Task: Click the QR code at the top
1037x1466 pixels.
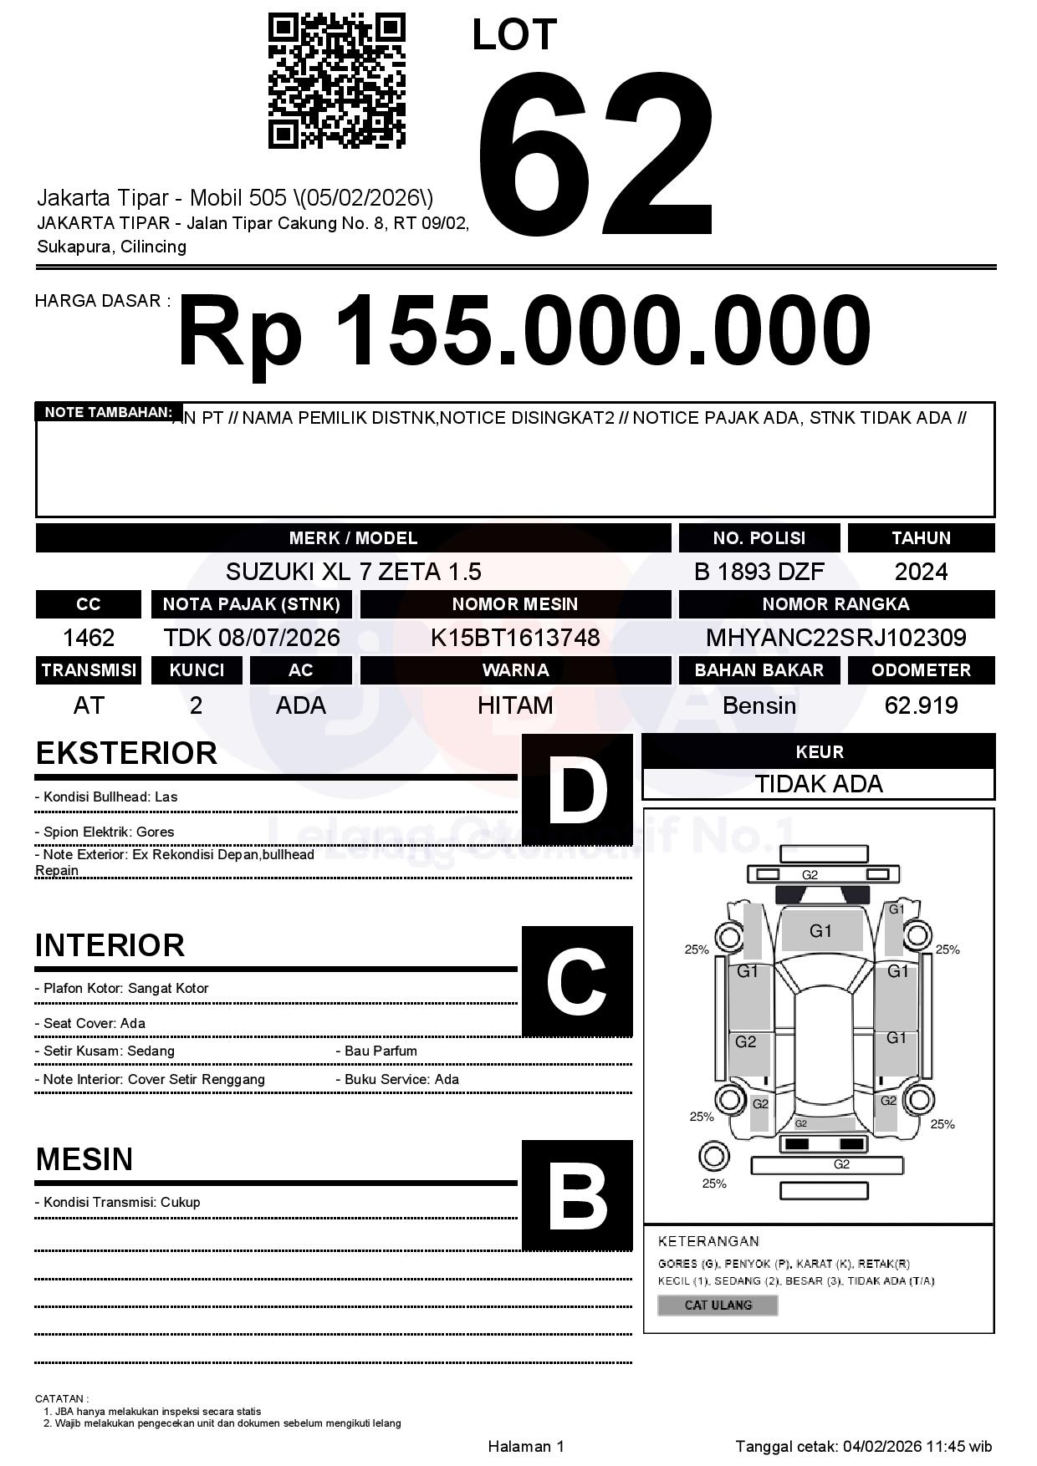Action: pyautogui.click(x=336, y=81)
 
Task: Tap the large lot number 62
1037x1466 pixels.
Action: pyautogui.click(x=595, y=155)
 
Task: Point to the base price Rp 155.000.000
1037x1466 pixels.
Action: pyautogui.click(x=524, y=331)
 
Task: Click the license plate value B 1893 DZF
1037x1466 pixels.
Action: pyautogui.click(x=759, y=572)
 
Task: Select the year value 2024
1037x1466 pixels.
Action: pyautogui.click(x=921, y=572)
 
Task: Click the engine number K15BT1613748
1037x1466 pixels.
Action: pyautogui.click(x=515, y=639)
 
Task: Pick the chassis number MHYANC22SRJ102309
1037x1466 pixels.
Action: pyautogui.click(x=835, y=639)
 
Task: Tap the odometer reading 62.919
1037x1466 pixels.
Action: pyautogui.click(x=921, y=705)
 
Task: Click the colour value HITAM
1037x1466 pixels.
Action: pyautogui.click(x=515, y=705)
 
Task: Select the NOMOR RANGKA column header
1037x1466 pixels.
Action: pyautogui.click(x=835, y=604)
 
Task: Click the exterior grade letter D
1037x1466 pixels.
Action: pyautogui.click(x=577, y=789)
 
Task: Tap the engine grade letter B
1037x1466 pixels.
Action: pyautogui.click(x=577, y=1195)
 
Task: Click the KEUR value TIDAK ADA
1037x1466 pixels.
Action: pyautogui.click(x=819, y=784)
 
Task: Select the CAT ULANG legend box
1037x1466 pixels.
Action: pyautogui.click(x=718, y=1305)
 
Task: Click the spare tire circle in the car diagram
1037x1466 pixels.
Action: pyautogui.click(x=713, y=1157)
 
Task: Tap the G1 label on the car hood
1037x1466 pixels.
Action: pyautogui.click(x=820, y=931)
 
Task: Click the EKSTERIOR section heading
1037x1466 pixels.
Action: pyautogui.click(x=126, y=753)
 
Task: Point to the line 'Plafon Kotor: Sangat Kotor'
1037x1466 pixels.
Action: pyautogui.click(x=122, y=988)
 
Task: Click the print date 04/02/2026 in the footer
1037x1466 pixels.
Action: pyautogui.click(x=881, y=1446)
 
